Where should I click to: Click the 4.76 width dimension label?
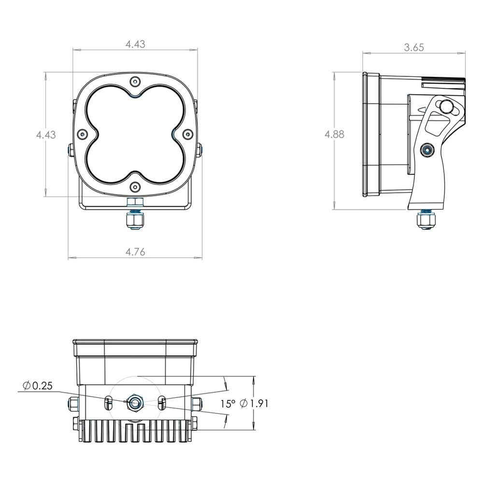(x=135, y=252)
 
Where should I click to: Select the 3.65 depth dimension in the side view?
(x=414, y=47)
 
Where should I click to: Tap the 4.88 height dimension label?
(x=334, y=134)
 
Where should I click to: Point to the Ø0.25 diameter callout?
(x=38, y=385)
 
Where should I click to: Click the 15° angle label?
(x=228, y=404)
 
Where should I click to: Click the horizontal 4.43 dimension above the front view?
(x=135, y=44)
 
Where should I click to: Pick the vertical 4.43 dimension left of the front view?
(x=46, y=135)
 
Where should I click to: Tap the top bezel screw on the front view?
(x=135, y=82)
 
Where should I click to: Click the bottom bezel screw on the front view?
(x=135, y=186)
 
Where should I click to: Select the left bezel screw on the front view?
(x=82, y=134)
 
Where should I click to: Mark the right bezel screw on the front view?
(x=187, y=134)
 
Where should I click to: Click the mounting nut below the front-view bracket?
(x=136, y=221)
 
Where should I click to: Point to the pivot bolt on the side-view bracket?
(x=427, y=150)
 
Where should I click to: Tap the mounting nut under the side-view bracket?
(x=426, y=221)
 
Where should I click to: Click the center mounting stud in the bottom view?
(x=135, y=402)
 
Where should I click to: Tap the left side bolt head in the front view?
(x=70, y=151)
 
